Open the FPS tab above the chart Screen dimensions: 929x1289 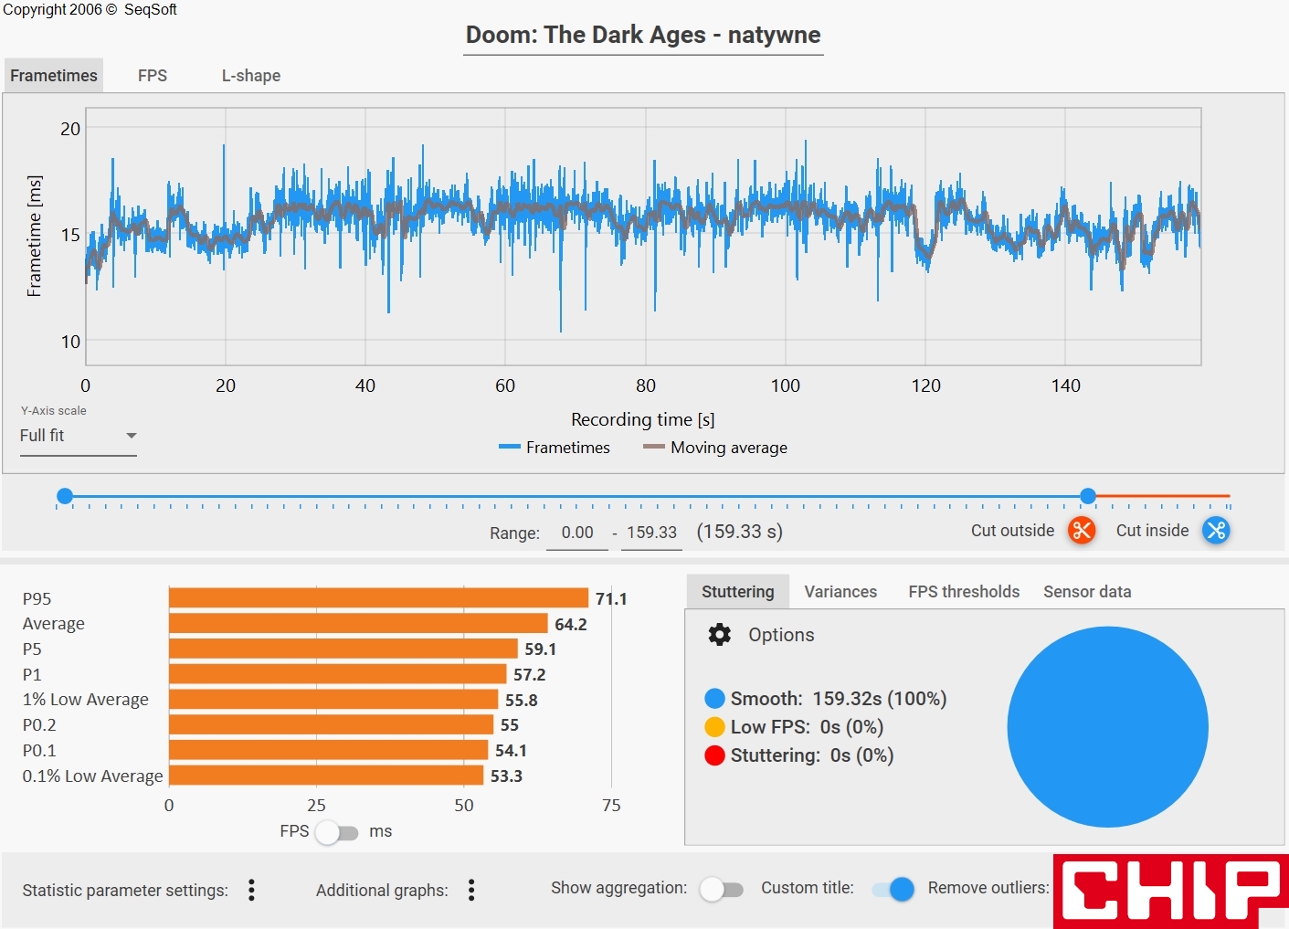tap(153, 76)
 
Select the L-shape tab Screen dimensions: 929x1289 tap(250, 76)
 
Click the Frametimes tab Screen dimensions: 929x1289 tap(54, 76)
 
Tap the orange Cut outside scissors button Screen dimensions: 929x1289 tap(1082, 530)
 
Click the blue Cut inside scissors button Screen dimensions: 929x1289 tap(1216, 530)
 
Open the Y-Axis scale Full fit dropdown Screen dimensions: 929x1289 tap(78, 436)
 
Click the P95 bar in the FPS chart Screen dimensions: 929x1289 tap(378, 598)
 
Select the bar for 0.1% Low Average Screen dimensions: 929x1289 tap(326, 776)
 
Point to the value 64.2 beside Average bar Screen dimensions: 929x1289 tap(571, 624)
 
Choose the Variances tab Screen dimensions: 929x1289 tap(840, 592)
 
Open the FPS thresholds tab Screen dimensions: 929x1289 tap(964, 592)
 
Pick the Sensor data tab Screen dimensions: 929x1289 tap(1087, 592)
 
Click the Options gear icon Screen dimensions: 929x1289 tap(720, 635)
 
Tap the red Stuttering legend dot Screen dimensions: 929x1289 tap(715, 755)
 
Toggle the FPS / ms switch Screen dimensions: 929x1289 tap(337, 832)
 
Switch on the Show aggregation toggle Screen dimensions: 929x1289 tap(722, 889)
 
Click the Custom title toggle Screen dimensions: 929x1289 tap(893, 889)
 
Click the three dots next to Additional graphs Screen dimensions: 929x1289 tap(471, 890)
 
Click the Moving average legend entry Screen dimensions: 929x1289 tap(715, 448)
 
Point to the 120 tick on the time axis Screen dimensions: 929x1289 tap(925, 385)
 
